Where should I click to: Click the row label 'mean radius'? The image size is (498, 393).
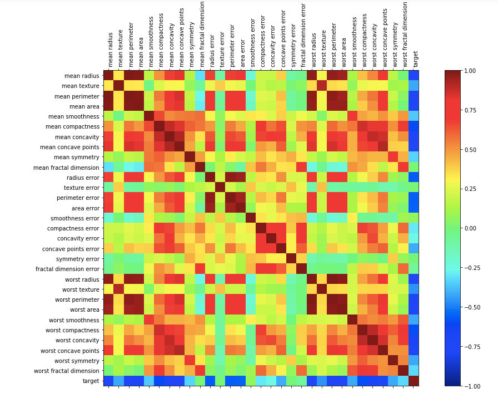coord(81,76)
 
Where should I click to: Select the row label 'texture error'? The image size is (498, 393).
coord(82,188)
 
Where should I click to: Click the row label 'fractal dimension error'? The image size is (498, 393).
coord(68,269)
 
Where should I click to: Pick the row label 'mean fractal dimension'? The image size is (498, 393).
coord(66,167)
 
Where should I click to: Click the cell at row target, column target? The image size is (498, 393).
coord(414,381)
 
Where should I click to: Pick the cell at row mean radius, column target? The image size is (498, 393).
coord(414,76)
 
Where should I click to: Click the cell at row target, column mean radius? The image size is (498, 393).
coord(108,381)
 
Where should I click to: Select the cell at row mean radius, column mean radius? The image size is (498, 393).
coord(108,76)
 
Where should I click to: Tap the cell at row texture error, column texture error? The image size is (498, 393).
coord(221,188)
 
